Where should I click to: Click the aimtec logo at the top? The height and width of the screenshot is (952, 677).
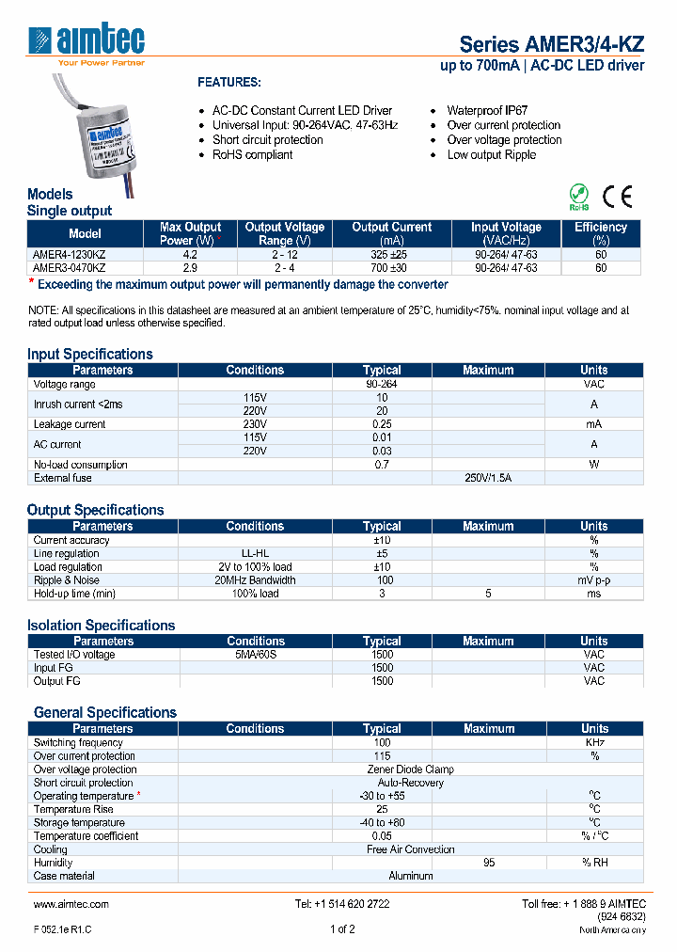pyautogui.click(x=87, y=42)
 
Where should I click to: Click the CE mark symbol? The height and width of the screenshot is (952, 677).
pyautogui.click(x=618, y=197)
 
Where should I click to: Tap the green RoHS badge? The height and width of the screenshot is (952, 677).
pyautogui.click(x=579, y=198)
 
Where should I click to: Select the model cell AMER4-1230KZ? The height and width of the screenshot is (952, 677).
pyautogui.click(x=68, y=254)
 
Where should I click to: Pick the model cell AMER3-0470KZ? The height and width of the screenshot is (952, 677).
pyautogui.click(x=68, y=267)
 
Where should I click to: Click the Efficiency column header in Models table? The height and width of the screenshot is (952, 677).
pyautogui.click(x=600, y=233)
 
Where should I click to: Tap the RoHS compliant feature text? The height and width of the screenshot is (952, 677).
pyautogui.click(x=252, y=155)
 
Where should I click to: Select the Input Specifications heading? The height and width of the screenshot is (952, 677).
pyautogui.click(x=89, y=354)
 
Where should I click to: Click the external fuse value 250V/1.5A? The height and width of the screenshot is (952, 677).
pyautogui.click(x=489, y=478)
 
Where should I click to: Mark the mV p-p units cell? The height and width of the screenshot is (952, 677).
pyautogui.click(x=593, y=580)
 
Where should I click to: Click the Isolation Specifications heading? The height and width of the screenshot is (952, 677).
pyautogui.click(x=101, y=625)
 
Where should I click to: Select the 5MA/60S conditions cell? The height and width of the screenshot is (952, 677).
pyautogui.click(x=255, y=655)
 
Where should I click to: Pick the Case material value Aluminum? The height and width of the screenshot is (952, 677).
pyautogui.click(x=411, y=876)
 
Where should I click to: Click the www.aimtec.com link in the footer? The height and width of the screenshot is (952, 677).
pyautogui.click(x=71, y=904)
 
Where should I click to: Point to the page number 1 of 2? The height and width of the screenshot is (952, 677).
pyautogui.click(x=342, y=929)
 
